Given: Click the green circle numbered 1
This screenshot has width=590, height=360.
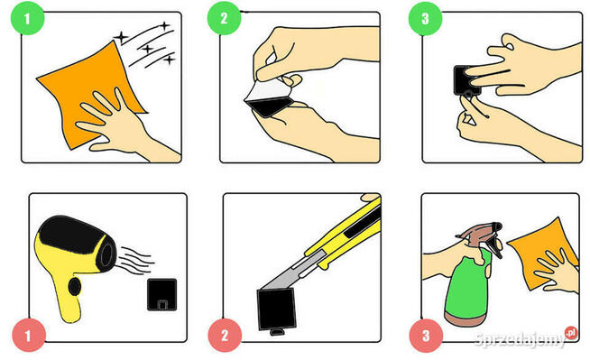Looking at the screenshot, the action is click(27, 18).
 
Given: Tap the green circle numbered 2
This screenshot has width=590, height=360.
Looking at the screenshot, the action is click(225, 18).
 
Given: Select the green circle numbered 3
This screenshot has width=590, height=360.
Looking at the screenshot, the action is click(425, 18).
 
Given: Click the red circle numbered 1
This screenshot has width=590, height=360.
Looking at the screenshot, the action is click(29, 335).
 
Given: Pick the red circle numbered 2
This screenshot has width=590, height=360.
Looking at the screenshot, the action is click(225, 335).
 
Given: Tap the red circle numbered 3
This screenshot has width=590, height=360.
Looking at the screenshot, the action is click(426, 336).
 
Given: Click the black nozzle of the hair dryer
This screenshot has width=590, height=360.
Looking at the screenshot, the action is click(106, 252).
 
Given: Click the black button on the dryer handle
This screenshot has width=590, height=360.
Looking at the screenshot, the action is click(75, 287).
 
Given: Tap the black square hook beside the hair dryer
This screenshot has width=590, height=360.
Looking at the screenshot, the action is click(161, 294).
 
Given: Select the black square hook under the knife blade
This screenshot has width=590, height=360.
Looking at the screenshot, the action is click(277, 309).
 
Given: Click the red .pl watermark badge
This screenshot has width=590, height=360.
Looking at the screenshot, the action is click(571, 333).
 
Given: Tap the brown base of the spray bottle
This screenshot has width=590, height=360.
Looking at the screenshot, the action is click(466, 318).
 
